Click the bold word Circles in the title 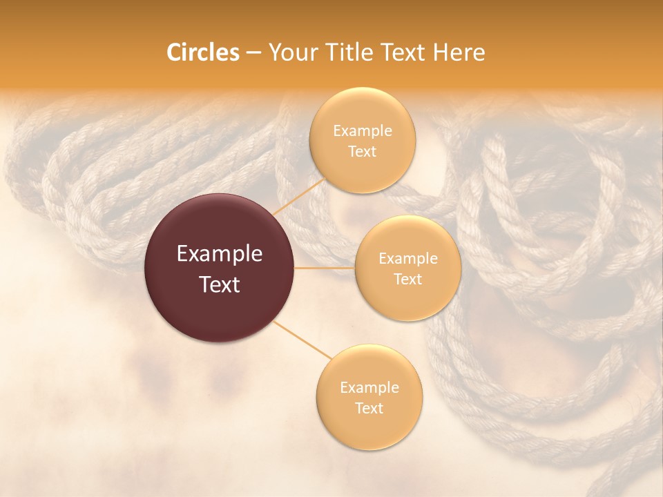coord(202,52)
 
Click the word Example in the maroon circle coord(220,254)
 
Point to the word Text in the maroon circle coord(220,284)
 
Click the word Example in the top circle coord(363,131)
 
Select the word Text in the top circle coord(363,152)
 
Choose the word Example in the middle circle coord(407,259)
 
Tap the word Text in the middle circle coord(407,280)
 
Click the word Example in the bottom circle coord(369,388)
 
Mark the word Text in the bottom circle coord(369,409)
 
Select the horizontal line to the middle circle coord(325,268)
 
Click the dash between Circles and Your coord(253,53)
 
